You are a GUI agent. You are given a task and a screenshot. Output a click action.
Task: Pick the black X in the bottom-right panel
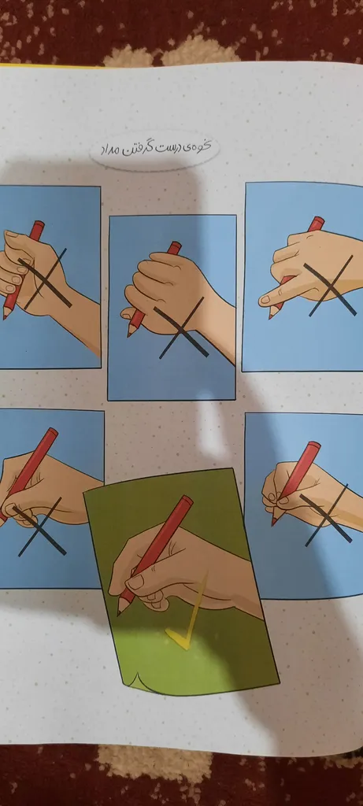coord(325,516)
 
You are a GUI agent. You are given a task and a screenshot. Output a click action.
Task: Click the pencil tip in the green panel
coord(119,612)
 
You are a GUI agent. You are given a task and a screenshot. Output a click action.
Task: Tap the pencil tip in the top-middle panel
coord(129,335)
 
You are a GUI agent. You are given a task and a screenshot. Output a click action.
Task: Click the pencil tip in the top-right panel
coord(270,316)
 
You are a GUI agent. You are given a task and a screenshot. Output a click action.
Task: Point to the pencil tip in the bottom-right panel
coord(273,523)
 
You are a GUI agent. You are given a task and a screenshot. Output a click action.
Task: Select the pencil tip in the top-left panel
coord(5,317)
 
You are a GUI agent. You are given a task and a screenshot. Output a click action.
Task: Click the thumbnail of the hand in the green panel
coord(135,582)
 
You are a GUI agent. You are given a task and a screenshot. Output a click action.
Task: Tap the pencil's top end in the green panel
coord(187,500)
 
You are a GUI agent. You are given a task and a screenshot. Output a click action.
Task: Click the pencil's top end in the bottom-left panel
coord(52,433)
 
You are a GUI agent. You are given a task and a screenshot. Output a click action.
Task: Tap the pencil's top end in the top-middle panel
coord(175,246)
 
